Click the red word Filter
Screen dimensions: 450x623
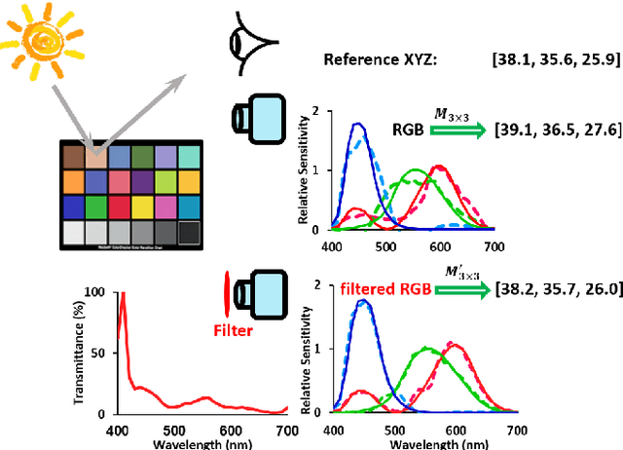point(233,330)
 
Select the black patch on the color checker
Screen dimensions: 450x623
point(189,232)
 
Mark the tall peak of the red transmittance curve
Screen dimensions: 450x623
point(123,295)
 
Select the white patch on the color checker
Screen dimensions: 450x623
point(73,232)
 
